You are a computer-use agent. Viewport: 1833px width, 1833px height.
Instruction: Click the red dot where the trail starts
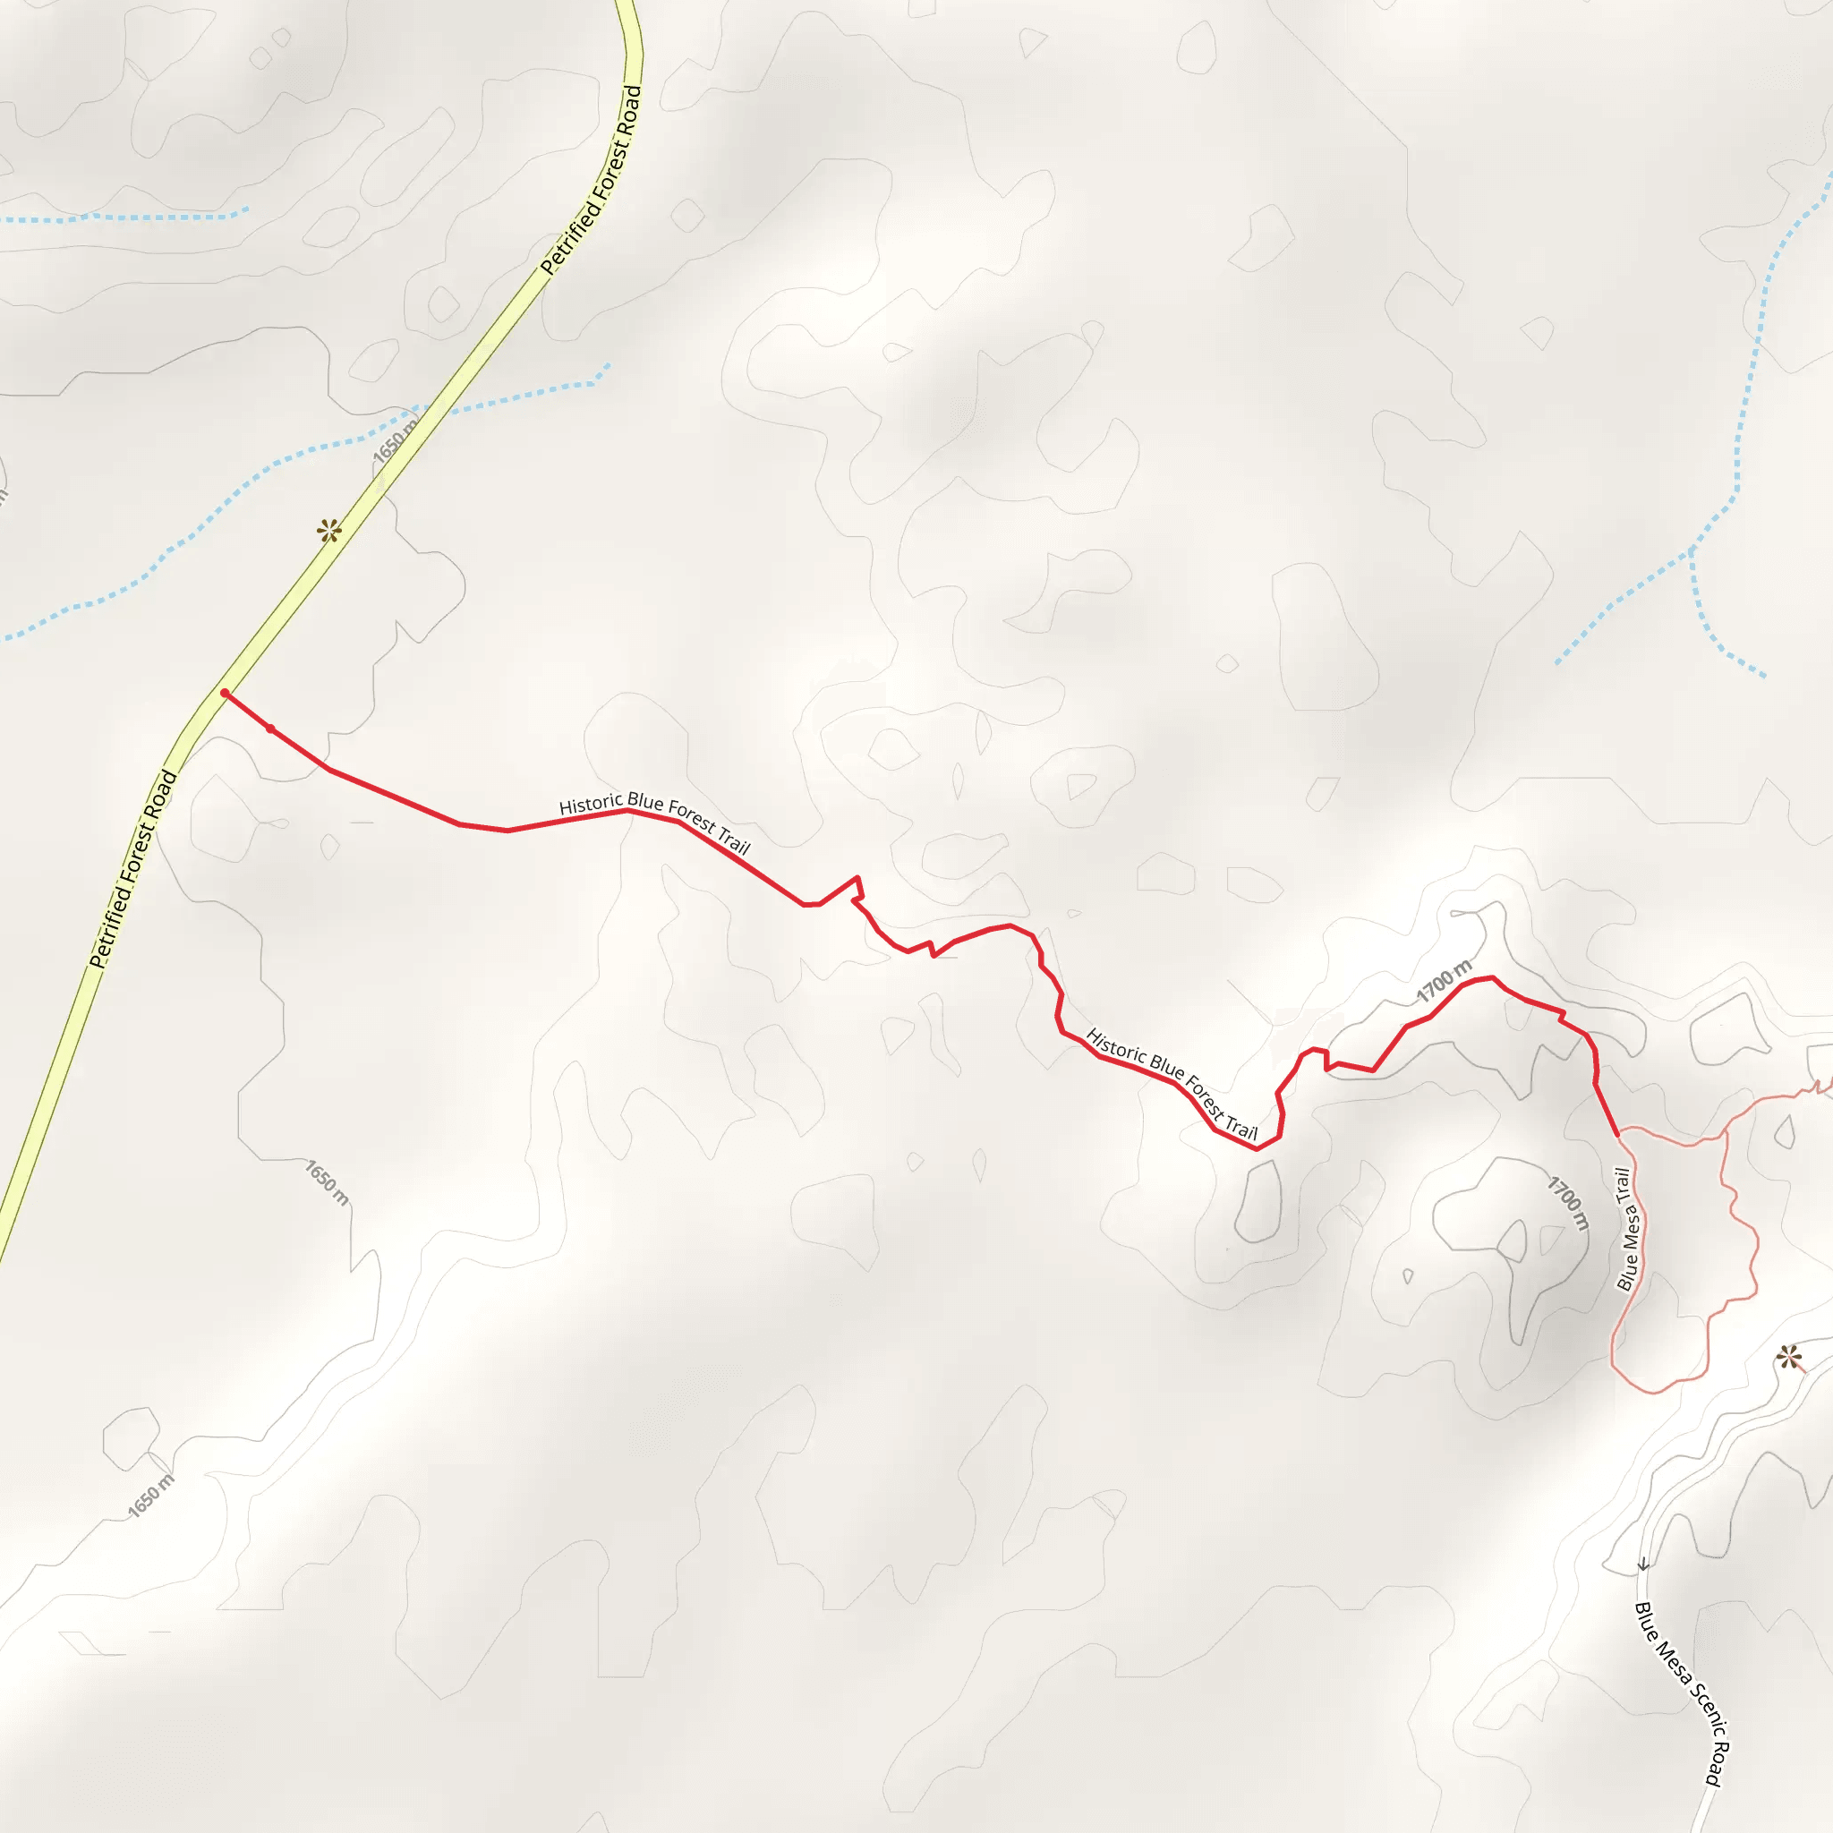224,693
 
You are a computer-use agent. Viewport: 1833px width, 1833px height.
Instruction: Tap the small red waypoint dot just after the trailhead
270,729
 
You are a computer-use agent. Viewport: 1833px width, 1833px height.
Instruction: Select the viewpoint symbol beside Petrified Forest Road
329,531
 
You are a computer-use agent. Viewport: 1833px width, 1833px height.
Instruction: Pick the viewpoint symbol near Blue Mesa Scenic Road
1789,1358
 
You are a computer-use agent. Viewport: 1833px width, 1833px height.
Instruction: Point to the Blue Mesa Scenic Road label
1679,1694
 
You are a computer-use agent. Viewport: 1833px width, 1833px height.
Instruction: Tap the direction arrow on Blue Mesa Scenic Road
1643,1564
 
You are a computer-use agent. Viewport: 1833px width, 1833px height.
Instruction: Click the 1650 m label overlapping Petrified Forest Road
395,442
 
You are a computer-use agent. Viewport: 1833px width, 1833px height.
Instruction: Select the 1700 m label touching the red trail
1444,981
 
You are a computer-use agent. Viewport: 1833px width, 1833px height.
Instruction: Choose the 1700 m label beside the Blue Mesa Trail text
1568,1203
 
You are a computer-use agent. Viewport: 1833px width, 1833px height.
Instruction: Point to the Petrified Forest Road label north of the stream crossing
592,180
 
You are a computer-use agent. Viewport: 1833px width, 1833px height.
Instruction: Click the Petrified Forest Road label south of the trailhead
132,869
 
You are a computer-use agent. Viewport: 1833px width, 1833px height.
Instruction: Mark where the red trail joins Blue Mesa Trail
1617,1135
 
